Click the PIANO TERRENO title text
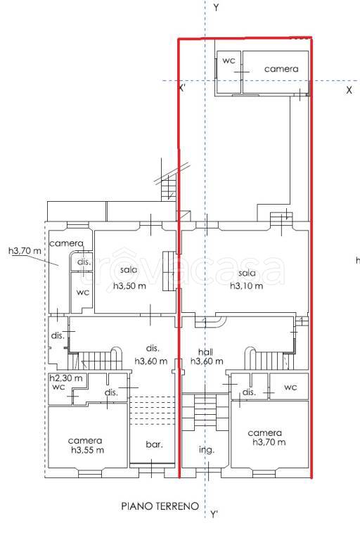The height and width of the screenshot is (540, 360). [x=160, y=506]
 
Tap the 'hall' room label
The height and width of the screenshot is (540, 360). [x=206, y=352]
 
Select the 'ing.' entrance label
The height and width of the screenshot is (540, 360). [x=207, y=450]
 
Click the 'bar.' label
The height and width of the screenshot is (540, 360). [x=154, y=444]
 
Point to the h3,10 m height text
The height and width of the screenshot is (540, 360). [x=247, y=286]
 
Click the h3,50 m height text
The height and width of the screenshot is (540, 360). [x=129, y=286]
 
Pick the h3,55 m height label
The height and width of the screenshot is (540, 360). [x=87, y=450]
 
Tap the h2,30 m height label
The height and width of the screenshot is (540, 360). [x=66, y=378]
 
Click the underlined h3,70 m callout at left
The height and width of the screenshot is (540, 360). [x=25, y=251]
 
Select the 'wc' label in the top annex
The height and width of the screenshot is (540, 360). [x=229, y=60]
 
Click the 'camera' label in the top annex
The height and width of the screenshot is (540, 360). [x=281, y=69]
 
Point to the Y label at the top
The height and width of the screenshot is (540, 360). [x=216, y=7]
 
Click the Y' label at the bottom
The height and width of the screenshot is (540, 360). [x=214, y=515]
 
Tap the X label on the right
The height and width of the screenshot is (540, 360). [x=349, y=90]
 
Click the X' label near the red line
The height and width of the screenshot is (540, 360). [x=183, y=88]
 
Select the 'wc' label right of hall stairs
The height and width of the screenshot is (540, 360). [x=290, y=387]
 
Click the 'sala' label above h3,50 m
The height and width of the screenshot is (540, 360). [x=129, y=270]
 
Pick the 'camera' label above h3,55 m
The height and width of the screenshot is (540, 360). [x=85, y=440]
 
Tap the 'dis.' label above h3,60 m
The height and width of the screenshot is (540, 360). [x=153, y=348]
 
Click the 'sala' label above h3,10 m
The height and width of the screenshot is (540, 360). [x=247, y=273]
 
